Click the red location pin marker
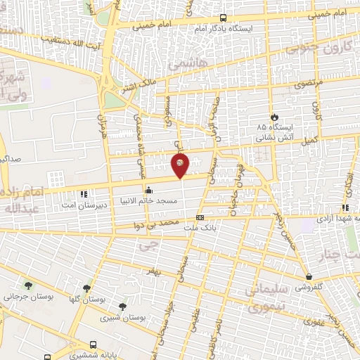point(180,165)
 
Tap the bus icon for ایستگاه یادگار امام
point(223,18)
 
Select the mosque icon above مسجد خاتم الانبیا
point(148,190)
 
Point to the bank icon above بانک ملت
point(200,217)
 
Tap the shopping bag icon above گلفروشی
point(309,277)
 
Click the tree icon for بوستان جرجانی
point(28,285)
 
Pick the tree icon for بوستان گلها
point(86,288)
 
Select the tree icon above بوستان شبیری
point(123,307)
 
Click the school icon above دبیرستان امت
point(84,193)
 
